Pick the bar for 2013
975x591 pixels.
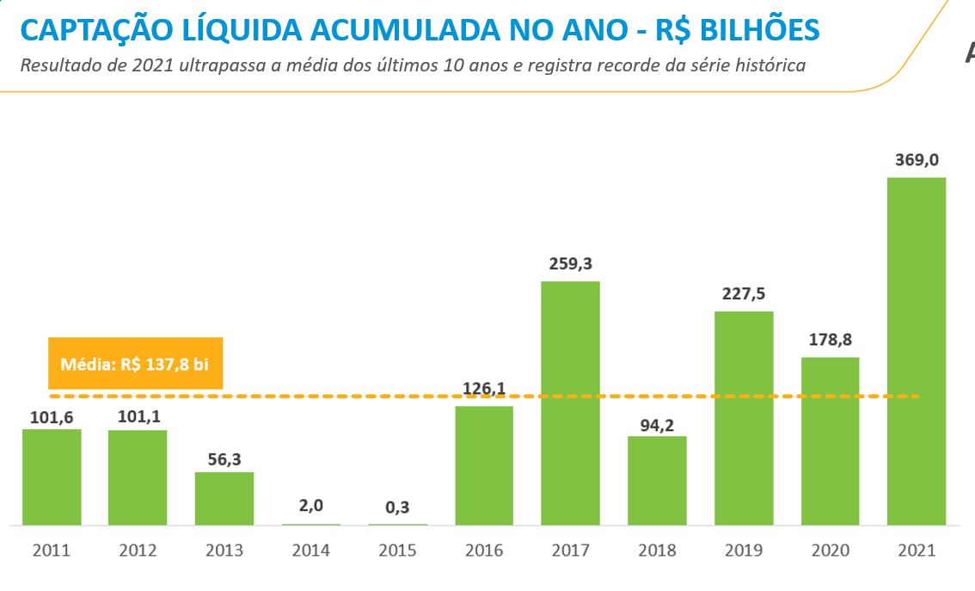point(224,498)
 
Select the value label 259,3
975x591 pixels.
point(571,264)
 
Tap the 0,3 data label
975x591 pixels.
point(397,508)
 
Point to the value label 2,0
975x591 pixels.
point(311,506)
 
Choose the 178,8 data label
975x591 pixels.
point(830,340)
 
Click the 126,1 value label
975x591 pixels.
point(484,388)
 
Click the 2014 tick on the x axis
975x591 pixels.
point(310,551)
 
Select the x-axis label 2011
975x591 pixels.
point(52,551)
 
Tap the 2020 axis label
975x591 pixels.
point(830,551)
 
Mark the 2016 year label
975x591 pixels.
point(484,551)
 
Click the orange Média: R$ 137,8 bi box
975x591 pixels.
point(135,363)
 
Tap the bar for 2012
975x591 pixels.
point(138,477)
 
